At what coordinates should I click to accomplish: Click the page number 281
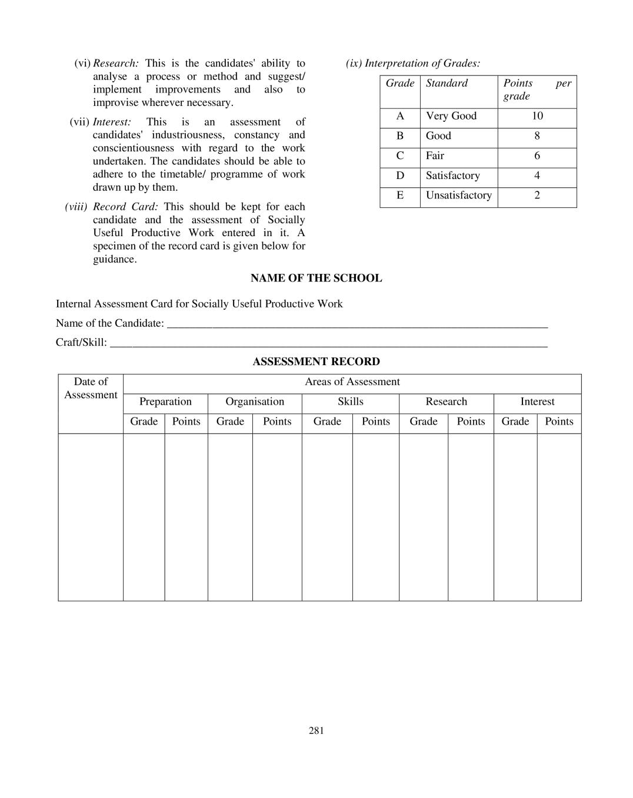pyautogui.click(x=316, y=730)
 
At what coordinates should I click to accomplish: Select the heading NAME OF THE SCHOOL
pyautogui.click(x=316, y=278)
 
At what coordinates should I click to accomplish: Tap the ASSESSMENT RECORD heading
pyautogui.click(x=316, y=362)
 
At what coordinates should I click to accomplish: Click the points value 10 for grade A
pyautogui.click(x=537, y=116)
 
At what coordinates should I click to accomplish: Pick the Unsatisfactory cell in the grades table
pyautogui.click(x=458, y=196)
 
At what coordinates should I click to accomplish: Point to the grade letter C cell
pyautogui.click(x=400, y=156)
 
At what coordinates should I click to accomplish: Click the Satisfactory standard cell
pyautogui.click(x=452, y=176)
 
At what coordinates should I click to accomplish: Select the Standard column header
pyautogui.click(x=447, y=83)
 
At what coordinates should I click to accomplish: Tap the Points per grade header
pyautogui.click(x=537, y=90)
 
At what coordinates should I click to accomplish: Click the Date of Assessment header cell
pyautogui.click(x=91, y=389)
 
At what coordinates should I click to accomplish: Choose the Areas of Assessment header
pyautogui.click(x=352, y=382)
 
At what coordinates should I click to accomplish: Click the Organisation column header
pyautogui.click(x=255, y=402)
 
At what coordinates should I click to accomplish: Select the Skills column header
pyautogui.click(x=350, y=402)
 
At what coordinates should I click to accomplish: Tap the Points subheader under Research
pyautogui.click(x=471, y=422)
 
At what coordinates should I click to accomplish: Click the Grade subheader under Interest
pyautogui.click(x=515, y=422)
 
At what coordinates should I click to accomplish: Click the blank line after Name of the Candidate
pyautogui.click(x=357, y=325)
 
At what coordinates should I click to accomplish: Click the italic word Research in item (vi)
pyautogui.click(x=116, y=63)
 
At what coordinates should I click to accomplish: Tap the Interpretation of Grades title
pyautogui.click(x=413, y=63)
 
